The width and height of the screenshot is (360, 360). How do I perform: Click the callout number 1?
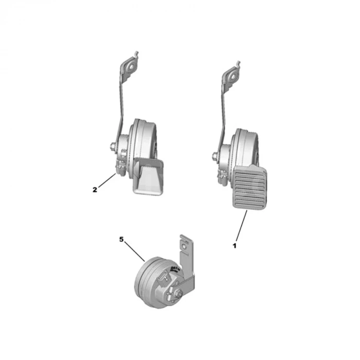point(235,246)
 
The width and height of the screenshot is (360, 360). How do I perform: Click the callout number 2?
point(95,189)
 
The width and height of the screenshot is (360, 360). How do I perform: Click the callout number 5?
point(121,239)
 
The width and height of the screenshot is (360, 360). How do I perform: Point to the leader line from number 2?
point(106,182)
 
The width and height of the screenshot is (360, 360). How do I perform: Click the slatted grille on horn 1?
point(251,188)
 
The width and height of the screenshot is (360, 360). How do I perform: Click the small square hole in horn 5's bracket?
point(184,249)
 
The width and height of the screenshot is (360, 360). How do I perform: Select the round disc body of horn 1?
point(246,147)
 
